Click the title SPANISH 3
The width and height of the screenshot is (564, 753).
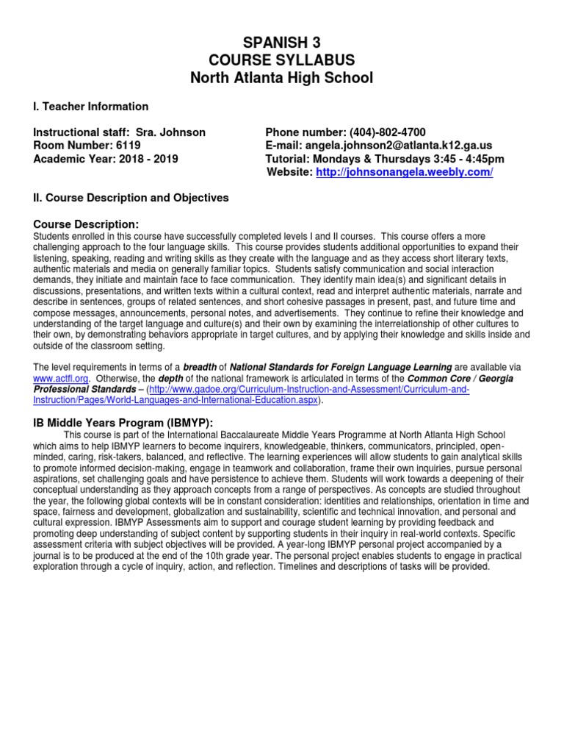[281, 43]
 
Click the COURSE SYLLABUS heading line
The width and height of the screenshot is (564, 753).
[281, 60]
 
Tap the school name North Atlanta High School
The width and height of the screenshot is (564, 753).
[281, 77]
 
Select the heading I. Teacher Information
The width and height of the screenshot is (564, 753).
[91, 107]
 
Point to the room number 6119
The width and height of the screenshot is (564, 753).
[124, 146]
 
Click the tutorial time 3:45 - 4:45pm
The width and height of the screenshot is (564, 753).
[462, 159]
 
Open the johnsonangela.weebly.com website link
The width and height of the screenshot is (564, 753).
[404, 172]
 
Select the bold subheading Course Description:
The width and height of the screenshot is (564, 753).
[86, 224]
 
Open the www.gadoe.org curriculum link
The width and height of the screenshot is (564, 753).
[250, 395]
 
